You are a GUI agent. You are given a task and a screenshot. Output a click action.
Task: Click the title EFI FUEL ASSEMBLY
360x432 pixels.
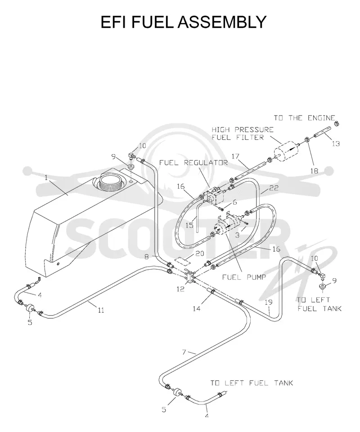183,22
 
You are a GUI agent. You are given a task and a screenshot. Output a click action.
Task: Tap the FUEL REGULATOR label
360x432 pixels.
193,163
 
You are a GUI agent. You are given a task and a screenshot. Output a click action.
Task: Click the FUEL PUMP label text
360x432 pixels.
244,277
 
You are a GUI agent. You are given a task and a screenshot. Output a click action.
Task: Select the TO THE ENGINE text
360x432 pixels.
304,118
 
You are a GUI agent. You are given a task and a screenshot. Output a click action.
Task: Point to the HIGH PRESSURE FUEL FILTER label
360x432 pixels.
243,134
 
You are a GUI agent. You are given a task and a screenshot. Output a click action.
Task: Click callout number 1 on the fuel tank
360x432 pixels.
46,178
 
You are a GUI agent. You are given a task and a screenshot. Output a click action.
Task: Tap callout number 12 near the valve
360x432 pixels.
180,289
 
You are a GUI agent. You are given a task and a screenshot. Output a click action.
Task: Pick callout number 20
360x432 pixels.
200,254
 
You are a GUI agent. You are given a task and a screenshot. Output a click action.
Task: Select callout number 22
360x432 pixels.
274,188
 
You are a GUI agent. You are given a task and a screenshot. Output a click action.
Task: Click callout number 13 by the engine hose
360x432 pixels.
336,143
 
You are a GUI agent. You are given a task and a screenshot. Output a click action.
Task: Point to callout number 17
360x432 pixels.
235,156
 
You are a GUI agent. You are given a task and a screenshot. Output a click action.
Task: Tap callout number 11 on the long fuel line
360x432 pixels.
101,310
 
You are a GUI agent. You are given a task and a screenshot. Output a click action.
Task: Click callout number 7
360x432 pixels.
184,352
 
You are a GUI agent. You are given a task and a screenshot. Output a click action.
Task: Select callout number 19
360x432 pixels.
268,302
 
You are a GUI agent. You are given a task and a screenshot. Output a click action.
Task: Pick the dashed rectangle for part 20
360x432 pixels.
182,260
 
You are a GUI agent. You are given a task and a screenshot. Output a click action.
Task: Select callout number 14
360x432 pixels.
197,308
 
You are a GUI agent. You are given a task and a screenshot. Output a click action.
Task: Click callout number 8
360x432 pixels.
147,257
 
